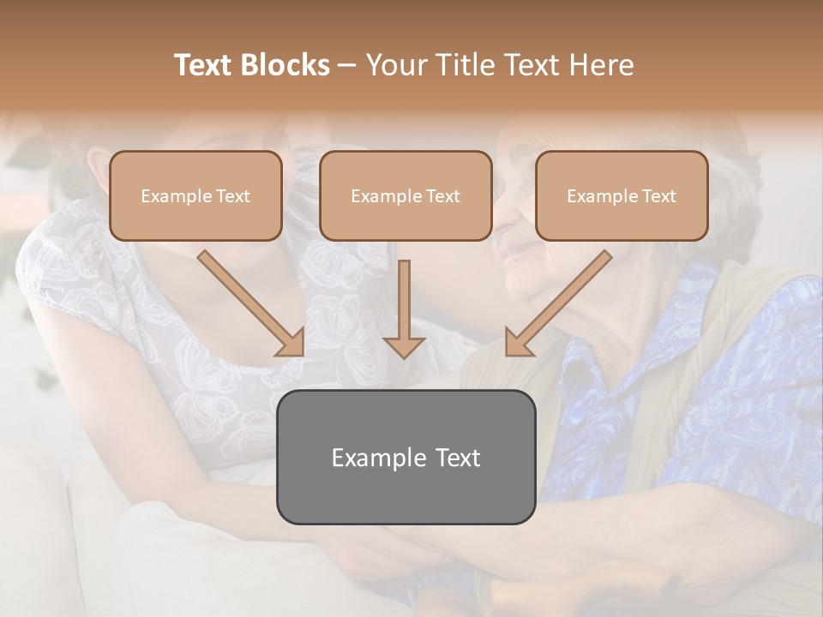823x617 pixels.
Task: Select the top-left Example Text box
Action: pos(195,195)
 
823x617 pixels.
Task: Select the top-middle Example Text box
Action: pos(405,195)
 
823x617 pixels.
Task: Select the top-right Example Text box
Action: pos(622,195)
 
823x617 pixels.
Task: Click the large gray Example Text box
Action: pos(405,457)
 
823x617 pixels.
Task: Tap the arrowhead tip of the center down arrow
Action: pos(404,355)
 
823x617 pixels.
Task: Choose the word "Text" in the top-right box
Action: pos(658,196)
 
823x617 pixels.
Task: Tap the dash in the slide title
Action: pos(347,66)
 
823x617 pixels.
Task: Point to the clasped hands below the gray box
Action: pos(411,557)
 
